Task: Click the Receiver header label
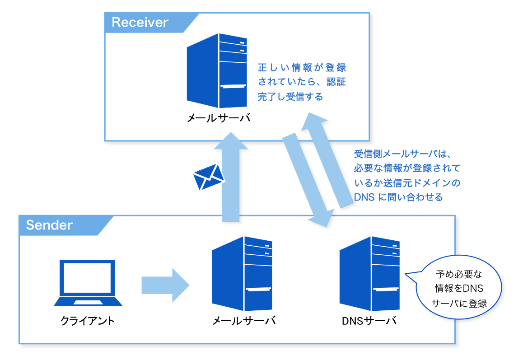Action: (140, 22)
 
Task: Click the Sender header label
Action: (49, 225)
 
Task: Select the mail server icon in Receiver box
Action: (217, 71)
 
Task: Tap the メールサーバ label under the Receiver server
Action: (219, 118)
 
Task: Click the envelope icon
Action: (209, 177)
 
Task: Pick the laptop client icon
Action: (88, 283)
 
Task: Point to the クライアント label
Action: (87, 321)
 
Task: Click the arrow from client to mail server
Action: (165, 285)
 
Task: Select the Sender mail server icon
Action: (242, 274)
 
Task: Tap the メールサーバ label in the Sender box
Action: (244, 321)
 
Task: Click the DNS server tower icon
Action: (369, 274)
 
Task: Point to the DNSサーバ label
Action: (369, 321)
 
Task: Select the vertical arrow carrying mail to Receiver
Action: (231, 177)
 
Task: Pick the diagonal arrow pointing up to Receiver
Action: (327, 160)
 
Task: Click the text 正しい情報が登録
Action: (302, 67)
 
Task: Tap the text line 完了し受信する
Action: (290, 97)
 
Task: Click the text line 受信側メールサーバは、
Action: (402, 154)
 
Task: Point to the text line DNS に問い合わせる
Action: (398, 197)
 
